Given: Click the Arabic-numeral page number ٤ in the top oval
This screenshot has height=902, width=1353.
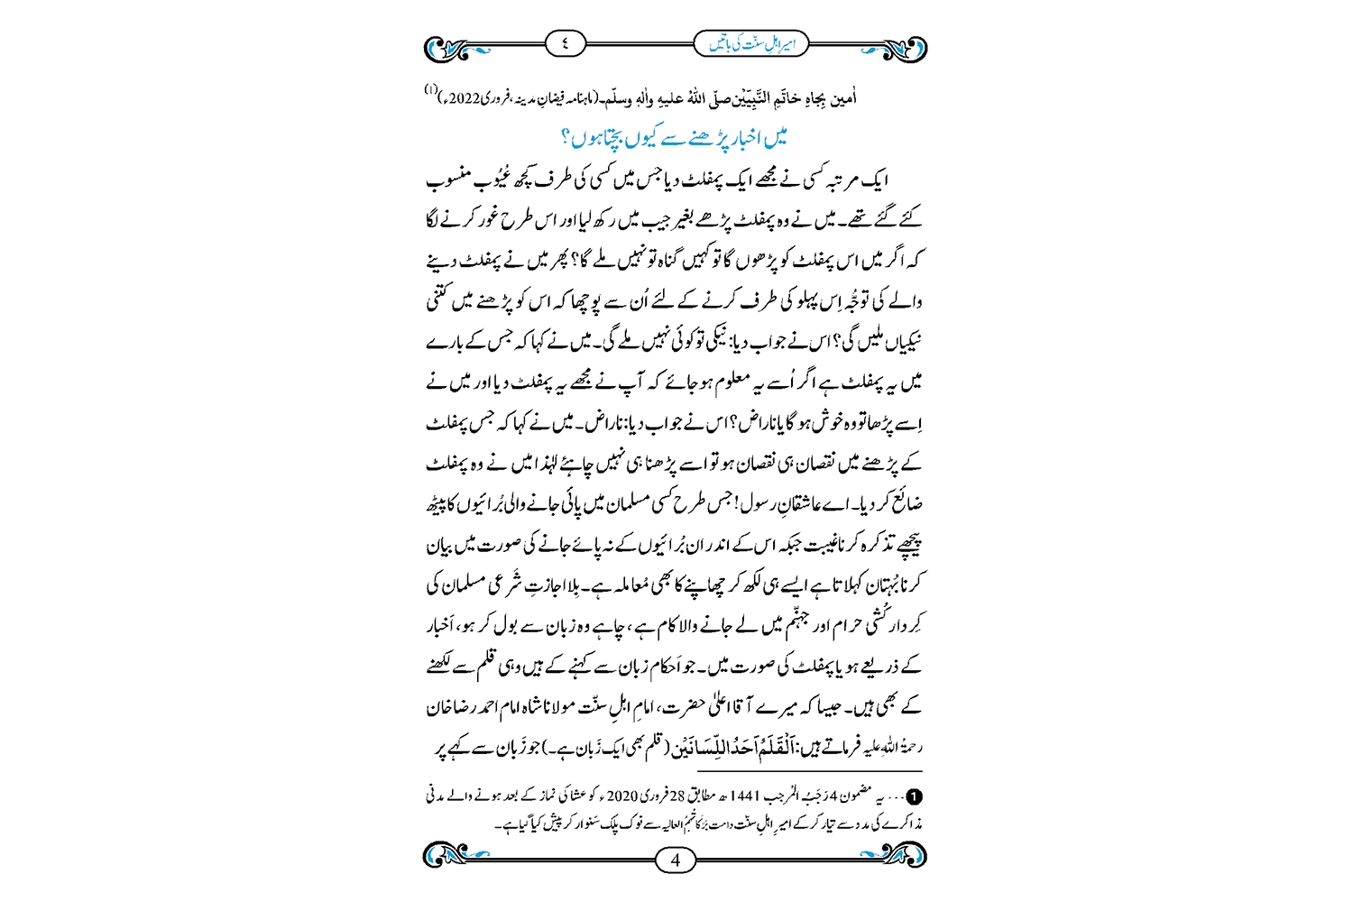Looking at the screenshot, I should click(566, 43).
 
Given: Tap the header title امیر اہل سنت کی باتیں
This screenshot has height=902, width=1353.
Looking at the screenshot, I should click(751, 43).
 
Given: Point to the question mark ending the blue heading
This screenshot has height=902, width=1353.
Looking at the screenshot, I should click(566, 138).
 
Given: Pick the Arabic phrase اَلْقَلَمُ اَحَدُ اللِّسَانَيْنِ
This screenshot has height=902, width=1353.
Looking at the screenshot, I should click(709, 747).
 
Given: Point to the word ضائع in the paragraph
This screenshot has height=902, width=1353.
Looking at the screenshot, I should click(906, 503).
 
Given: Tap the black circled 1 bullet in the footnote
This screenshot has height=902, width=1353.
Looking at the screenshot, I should click(915, 797).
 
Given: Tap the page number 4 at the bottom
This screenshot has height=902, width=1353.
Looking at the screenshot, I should click(676, 860).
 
